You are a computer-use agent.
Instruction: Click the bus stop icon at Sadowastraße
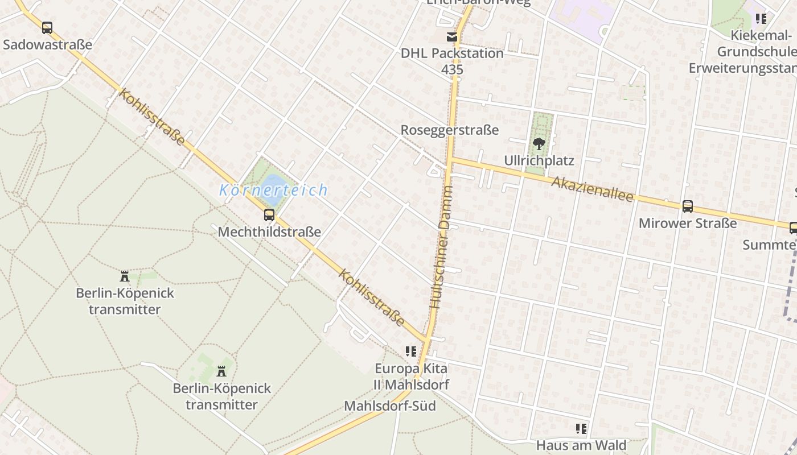[x=47, y=27]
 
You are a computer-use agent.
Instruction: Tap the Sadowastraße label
[x=47, y=44]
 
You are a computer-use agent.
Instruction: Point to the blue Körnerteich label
[x=273, y=190]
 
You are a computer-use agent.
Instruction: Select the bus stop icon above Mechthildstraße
[x=269, y=215]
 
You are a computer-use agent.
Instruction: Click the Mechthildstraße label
[x=269, y=232]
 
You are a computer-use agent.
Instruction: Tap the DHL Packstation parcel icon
[x=452, y=37]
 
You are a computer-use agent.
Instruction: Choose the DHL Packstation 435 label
[x=452, y=61]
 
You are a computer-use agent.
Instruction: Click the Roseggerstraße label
[x=449, y=130]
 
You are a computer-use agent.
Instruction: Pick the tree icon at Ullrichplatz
[x=539, y=143]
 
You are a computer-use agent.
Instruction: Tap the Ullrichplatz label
[x=539, y=161]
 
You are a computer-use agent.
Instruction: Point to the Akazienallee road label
[x=592, y=189]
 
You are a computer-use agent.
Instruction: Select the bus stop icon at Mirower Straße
[x=688, y=206]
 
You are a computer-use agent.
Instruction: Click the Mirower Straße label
[x=688, y=223]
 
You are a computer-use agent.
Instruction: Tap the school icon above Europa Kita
[x=410, y=351]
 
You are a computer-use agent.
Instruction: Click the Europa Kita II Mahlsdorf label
[x=410, y=377]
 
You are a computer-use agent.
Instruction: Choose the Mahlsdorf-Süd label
[x=390, y=406]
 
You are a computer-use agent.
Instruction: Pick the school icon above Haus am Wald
[x=581, y=428]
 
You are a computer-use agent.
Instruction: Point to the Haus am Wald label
[x=581, y=445]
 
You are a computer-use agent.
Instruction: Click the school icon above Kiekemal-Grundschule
[x=761, y=19]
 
